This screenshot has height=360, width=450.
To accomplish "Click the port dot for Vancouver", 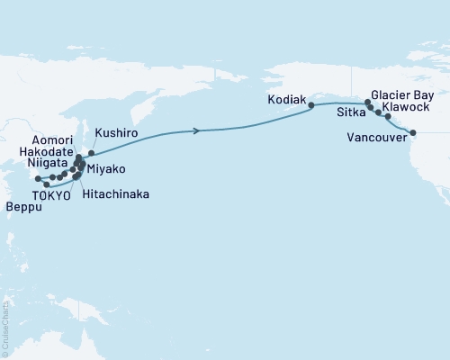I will (x=413, y=133).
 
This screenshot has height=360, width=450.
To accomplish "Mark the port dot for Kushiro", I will (x=91, y=153).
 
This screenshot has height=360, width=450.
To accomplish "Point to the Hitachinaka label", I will (x=115, y=193).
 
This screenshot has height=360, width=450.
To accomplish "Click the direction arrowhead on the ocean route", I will (x=196, y=131).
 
